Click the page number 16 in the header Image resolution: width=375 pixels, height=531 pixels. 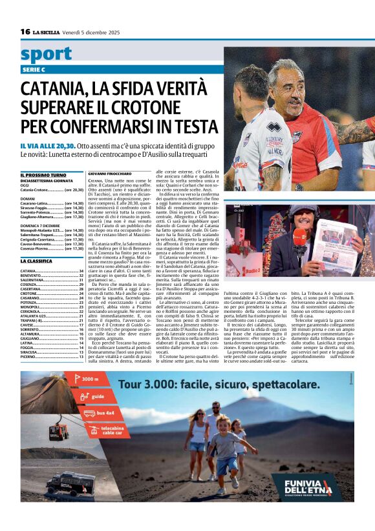[25, 32]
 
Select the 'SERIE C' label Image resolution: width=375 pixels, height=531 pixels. [34, 69]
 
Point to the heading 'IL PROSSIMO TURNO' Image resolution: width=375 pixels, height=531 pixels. [43, 175]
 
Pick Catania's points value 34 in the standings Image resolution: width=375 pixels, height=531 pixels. [81, 271]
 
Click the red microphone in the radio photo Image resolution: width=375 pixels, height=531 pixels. [300, 237]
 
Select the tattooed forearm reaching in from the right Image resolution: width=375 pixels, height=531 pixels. [353, 132]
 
